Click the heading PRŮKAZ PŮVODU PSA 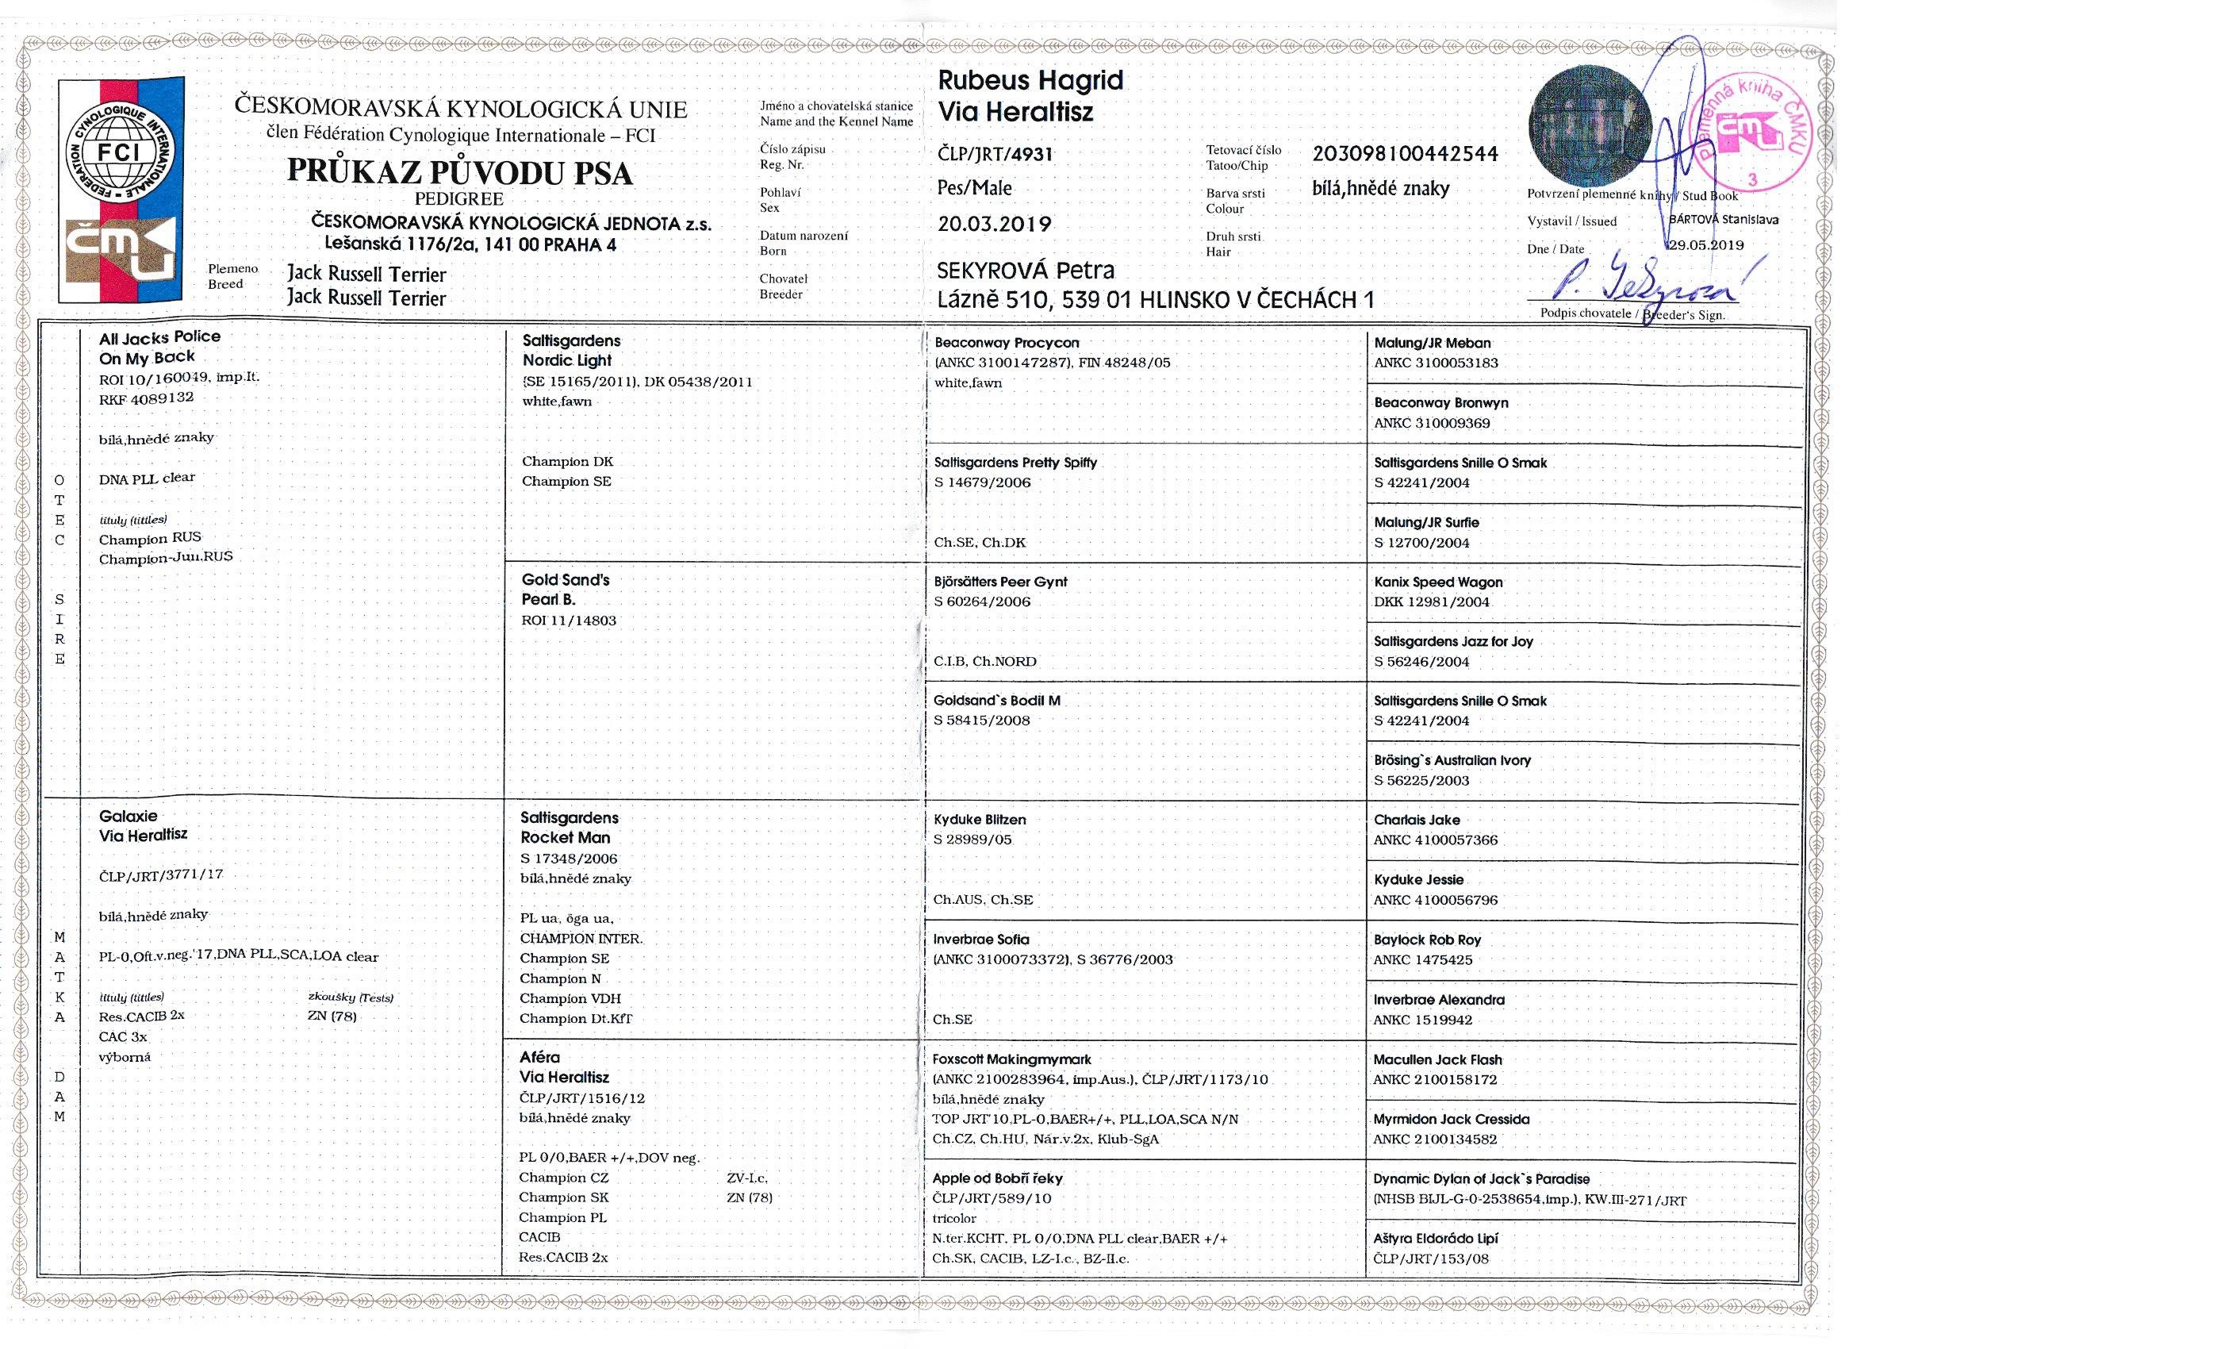coord(460,172)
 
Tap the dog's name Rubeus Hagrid coord(1030,80)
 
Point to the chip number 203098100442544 coord(1404,154)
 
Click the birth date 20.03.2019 coord(993,225)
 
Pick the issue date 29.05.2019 coord(1705,245)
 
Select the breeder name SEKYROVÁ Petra coord(1025,271)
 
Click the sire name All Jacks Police coord(159,337)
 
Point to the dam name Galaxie coord(128,816)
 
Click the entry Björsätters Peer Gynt coord(999,582)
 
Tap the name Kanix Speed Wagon coord(1437,582)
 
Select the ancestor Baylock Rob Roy coord(1427,940)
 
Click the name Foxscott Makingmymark coord(1011,1059)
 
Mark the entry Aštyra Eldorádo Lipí coord(1435,1238)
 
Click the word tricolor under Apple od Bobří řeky coord(954,1218)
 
